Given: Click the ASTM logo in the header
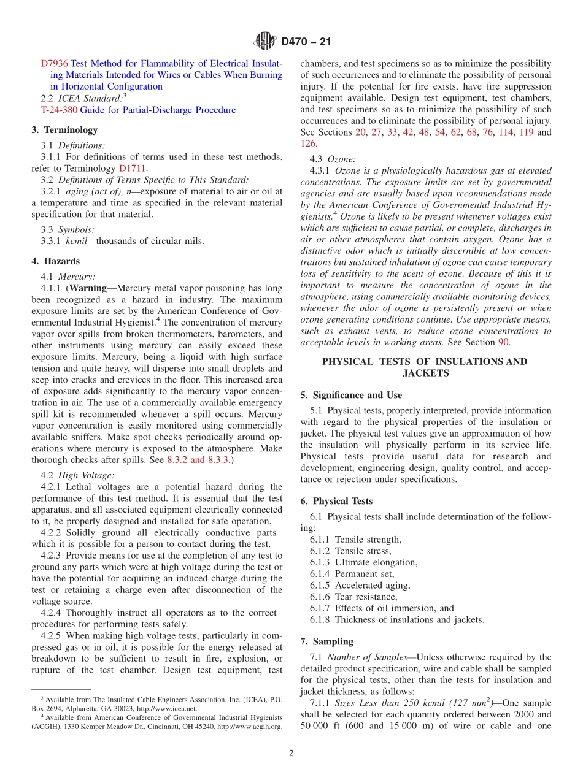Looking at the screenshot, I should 266,42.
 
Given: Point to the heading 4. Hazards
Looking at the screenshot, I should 55,261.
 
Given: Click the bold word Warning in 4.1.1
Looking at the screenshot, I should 91,288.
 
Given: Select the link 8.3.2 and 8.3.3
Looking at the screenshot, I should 199,460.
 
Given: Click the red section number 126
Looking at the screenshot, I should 307,143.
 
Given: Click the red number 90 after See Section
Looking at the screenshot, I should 503,342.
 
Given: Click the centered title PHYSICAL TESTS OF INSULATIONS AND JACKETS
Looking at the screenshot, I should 425,367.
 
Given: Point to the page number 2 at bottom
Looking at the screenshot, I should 291,753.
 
